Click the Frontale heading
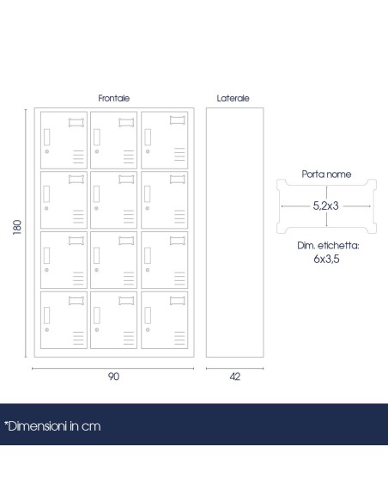click(x=114, y=98)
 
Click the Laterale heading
click(x=233, y=98)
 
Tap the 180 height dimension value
click(x=17, y=227)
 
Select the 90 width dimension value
click(x=113, y=376)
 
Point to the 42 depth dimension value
click(x=235, y=376)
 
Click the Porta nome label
click(x=326, y=174)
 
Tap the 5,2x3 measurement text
click(x=325, y=205)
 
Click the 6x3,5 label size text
click(x=326, y=259)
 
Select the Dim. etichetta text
click(x=328, y=246)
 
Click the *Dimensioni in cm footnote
click(x=52, y=426)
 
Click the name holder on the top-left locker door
click(x=76, y=123)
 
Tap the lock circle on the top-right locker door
click(x=148, y=151)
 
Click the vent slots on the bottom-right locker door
click(x=179, y=338)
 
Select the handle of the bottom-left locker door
click(x=46, y=315)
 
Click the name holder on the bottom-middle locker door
click(x=126, y=301)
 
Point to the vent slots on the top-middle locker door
click(x=129, y=156)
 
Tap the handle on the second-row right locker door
click(x=148, y=194)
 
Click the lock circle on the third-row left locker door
click(x=46, y=270)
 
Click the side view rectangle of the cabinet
click(x=235, y=232)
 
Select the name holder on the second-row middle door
click(x=126, y=180)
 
